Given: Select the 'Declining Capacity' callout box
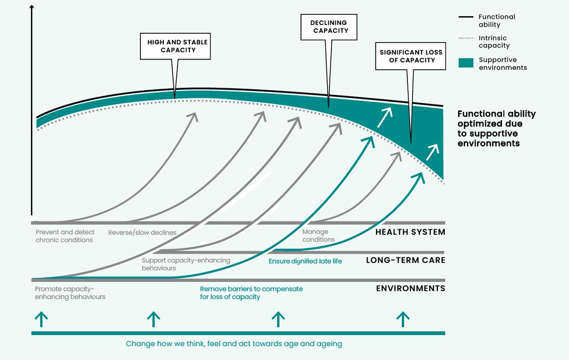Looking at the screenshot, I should (328, 27).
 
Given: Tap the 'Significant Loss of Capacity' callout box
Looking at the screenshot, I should (411, 56).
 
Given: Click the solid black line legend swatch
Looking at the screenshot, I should (466, 17).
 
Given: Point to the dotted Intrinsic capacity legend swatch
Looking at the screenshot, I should (466, 38).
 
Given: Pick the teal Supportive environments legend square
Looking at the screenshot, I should (466, 63).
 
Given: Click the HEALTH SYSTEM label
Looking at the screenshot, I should (410, 232).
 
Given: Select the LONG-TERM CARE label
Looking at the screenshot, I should (406, 260).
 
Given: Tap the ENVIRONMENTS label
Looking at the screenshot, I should (411, 288).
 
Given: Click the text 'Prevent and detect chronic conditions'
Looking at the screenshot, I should (65, 236).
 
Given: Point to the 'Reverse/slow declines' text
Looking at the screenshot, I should (142, 232).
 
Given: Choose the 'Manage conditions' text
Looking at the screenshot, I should (318, 236).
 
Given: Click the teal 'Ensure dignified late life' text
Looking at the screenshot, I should (305, 261).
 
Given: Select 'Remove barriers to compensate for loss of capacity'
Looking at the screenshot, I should (251, 293).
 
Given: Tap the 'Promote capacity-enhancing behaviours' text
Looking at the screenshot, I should (70, 293).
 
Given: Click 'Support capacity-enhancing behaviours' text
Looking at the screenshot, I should (186, 264).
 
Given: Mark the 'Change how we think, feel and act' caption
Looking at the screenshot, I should (234, 344).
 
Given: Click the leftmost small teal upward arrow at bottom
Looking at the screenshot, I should (42, 319).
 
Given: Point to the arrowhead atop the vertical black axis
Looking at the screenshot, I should (31, 7).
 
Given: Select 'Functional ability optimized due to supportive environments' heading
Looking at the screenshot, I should (496, 128).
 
